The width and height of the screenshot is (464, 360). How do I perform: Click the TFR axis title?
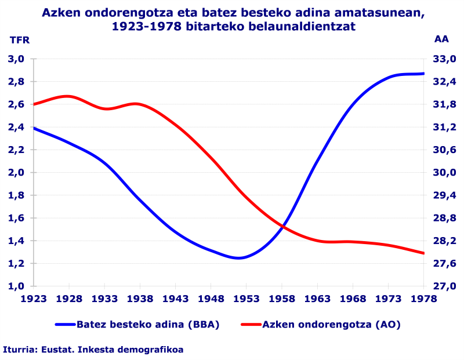coord(19,40)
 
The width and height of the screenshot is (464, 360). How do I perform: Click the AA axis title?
coord(441,39)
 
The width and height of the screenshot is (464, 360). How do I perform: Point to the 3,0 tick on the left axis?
coord(16,59)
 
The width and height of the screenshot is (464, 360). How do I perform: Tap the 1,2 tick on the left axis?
coord(16,264)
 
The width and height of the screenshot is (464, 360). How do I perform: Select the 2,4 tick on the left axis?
coord(16,128)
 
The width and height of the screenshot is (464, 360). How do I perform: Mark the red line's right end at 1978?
coord(424,253)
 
